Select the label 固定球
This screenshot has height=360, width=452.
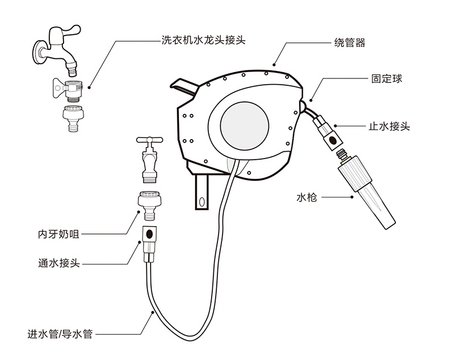(x=386, y=78)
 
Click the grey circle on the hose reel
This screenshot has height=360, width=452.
(x=244, y=124)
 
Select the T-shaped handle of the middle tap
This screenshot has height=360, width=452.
(x=148, y=139)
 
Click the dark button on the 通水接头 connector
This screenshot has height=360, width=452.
(x=149, y=234)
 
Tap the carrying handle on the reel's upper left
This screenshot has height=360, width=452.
(x=184, y=86)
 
